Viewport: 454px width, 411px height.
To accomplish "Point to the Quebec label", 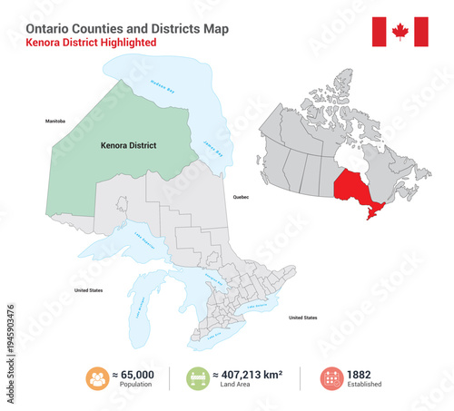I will coord(241,196).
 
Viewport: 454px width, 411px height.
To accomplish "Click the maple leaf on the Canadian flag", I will coord(400,33).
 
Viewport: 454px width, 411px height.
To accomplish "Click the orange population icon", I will coord(97,378).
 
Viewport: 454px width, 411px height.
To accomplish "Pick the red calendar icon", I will coord(332,378).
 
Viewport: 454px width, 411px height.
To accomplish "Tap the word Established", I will coord(364,385).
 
